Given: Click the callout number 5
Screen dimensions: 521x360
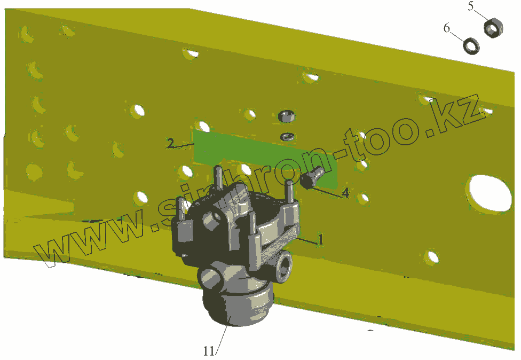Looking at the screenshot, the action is pos(471,6).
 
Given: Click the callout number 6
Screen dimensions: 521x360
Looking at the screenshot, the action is pos(447,28).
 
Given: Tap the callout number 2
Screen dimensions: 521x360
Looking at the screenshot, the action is pos(170,143).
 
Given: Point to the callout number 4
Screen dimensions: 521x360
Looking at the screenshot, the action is pos(345,192).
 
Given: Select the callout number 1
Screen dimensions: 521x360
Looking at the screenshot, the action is pos(320,239).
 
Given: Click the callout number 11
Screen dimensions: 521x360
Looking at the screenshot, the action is pos(209,351).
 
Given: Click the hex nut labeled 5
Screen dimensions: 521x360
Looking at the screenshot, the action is pos(493,28).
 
